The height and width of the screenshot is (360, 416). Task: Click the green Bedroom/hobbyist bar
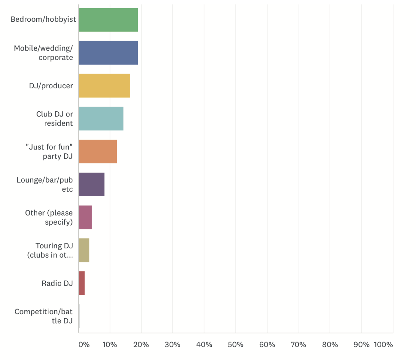[108, 20]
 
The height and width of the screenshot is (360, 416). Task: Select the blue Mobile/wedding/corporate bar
[108, 52]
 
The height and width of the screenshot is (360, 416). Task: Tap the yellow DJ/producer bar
[104, 85]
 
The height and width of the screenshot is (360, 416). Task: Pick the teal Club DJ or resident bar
[101, 118]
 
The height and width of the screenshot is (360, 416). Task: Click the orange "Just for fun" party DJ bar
[98, 151]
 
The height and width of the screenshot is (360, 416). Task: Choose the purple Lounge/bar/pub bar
[91, 184]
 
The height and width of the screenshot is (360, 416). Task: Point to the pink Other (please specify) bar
[85, 217]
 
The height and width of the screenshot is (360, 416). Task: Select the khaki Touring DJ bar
[84, 250]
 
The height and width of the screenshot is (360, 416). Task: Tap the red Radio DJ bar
[82, 283]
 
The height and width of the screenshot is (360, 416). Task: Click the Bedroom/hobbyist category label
[43, 19]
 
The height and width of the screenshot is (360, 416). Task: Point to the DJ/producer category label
[51, 86]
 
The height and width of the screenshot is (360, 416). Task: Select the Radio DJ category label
[57, 283]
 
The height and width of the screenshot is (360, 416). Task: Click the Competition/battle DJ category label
[44, 316]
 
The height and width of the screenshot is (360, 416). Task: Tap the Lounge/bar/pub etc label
[45, 184]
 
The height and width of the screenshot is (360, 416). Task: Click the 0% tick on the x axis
[84, 344]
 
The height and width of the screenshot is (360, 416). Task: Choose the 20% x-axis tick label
[141, 344]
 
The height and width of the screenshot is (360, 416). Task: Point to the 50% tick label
[235, 344]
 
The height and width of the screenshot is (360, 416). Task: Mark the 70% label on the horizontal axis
[298, 344]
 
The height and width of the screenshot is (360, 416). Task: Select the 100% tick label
[383, 344]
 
